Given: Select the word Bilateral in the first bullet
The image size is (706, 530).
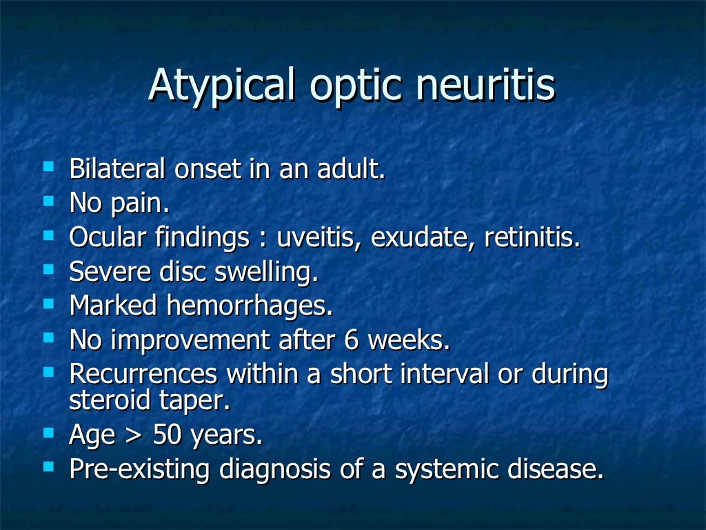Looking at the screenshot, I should pyautogui.click(x=117, y=170).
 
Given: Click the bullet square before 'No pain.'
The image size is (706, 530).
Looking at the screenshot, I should pyautogui.click(x=48, y=202).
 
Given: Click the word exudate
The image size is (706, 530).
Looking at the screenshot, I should pyautogui.click(x=423, y=239).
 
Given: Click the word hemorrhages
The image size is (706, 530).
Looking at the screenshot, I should pyautogui.click(x=250, y=306).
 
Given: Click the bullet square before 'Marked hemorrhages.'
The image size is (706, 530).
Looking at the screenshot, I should pyautogui.click(x=48, y=303).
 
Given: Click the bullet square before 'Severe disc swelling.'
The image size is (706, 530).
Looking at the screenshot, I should pyautogui.click(x=48, y=269).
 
